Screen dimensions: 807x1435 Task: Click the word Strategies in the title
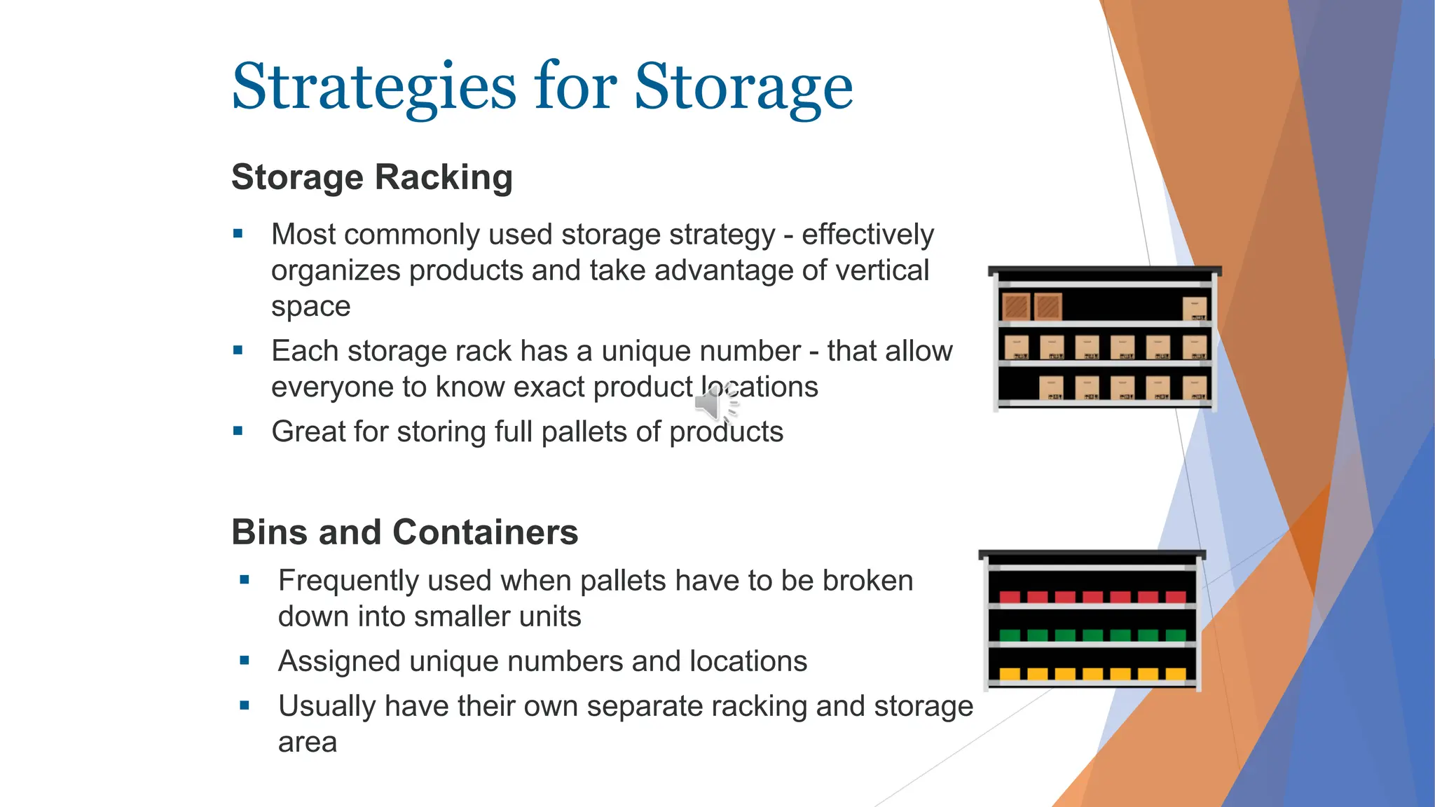pyautogui.click(x=373, y=87)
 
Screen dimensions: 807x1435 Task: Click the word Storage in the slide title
pyautogui.click(x=743, y=87)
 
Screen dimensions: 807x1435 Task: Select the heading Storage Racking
pyautogui.click(x=371, y=177)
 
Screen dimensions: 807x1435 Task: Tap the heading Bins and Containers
pyautogui.click(x=404, y=532)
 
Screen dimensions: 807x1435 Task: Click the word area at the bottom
pyautogui.click(x=307, y=743)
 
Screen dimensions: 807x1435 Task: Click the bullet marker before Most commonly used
pyautogui.click(x=238, y=234)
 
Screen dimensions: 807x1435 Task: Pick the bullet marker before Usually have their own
pyautogui.click(x=245, y=706)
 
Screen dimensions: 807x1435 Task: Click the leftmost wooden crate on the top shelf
pyautogui.click(x=1015, y=307)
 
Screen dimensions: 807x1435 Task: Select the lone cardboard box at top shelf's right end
pyautogui.click(x=1195, y=308)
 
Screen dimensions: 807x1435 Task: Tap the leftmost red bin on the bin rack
pyautogui.click(x=1010, y=597)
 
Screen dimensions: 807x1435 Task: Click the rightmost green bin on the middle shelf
pyautogui.click(x=1176, y=635)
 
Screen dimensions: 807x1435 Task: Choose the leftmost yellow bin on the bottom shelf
pyautogui.click(x=1010, y=674)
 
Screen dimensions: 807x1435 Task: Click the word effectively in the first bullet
pyautogui.click(x=867, y=235)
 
